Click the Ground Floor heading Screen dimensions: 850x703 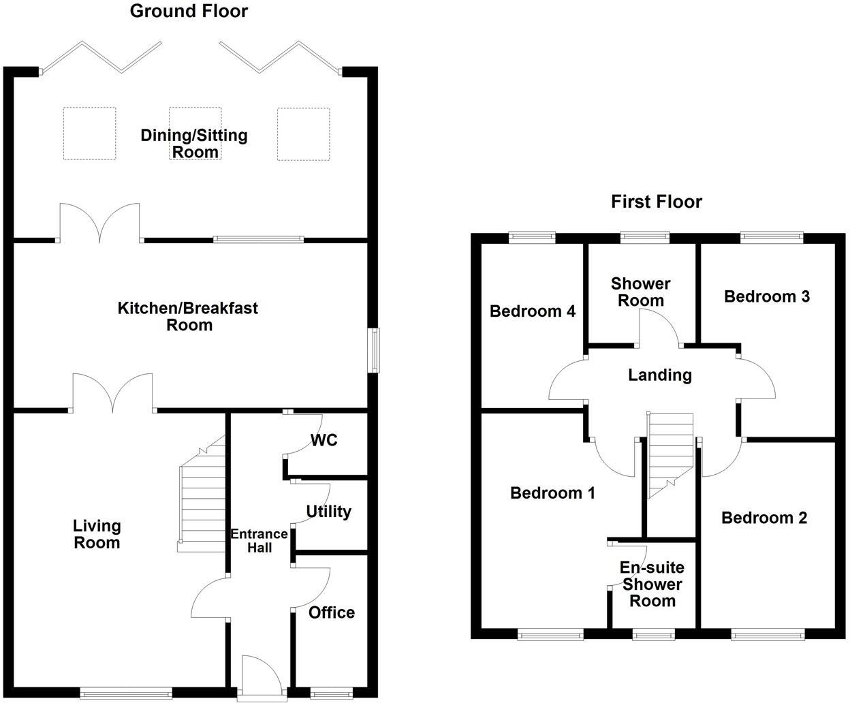click(189, 12)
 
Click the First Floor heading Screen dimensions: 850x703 click(657, 202)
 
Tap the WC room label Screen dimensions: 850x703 click(324, 440)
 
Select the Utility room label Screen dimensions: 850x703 click(328, 512)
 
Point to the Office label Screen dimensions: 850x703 click(332, 612)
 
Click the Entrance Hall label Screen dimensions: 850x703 click(259, 540)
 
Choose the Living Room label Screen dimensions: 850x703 click(97, 534)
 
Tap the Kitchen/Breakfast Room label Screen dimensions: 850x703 click(188, 317)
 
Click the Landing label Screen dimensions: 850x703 click(660, 375)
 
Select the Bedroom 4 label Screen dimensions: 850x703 click(533, 311)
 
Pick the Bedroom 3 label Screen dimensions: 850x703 click(767, 296)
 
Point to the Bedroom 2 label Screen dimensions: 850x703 click(764, 518)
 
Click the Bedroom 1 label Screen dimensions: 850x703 click(552, 493)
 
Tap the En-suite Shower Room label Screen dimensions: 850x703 click(652, 584)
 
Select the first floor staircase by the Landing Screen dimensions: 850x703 click(670, 455)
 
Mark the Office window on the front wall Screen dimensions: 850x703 click(332, 692)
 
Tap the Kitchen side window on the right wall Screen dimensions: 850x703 click(374, 351)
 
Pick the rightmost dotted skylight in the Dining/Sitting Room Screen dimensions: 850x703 click(304, 134)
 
